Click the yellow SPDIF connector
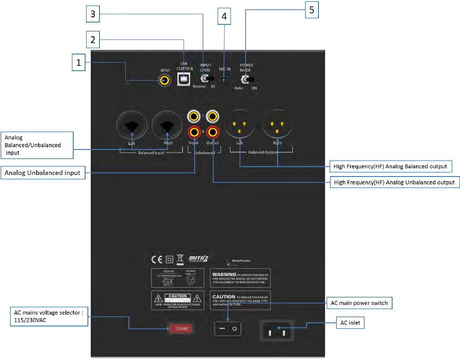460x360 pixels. [164, 80]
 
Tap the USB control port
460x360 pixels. [184, 79]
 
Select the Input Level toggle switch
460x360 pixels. [205, 79]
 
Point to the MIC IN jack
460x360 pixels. [224, 79]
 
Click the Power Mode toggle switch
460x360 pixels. [246, 80]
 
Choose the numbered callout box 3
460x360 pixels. [93, 14]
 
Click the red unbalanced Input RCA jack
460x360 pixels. [194, 133]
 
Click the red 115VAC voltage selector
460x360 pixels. [182, 328]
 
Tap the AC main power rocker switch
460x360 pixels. [228, 328]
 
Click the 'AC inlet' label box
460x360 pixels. [350, 322]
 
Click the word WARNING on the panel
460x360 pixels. [224, 274]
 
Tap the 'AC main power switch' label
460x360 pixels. [359, 303]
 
